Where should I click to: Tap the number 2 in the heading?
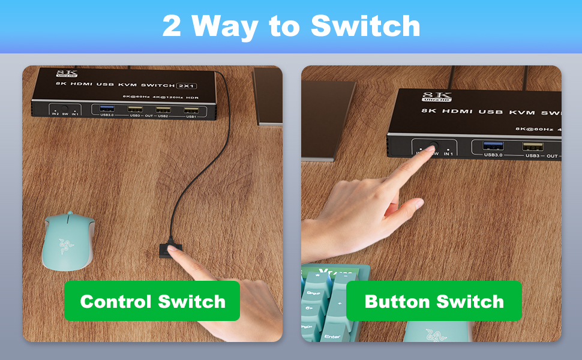click(x=172, y=26)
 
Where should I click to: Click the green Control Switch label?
click(x=152, y=301)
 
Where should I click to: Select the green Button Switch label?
click(x=434, y=301)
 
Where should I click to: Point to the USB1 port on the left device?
click(x=191, y=109)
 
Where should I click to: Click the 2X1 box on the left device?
click(x=188, y=86)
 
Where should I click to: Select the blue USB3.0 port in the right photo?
click(x=491, y=146)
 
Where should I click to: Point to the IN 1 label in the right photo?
click(x=448, y=154)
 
